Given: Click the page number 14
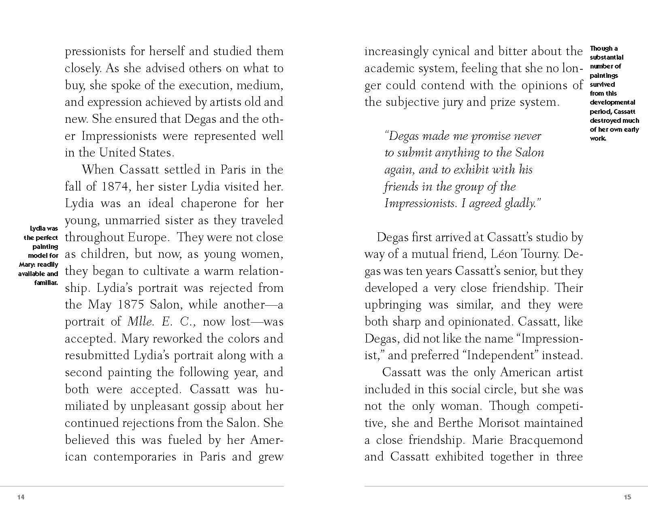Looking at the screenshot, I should click(21, 497).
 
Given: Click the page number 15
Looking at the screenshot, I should click(627, 497).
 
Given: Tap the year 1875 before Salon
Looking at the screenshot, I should click(130, 305).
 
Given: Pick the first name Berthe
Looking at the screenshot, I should click(456, 423).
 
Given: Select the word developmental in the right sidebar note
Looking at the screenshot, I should click(612, 102).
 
